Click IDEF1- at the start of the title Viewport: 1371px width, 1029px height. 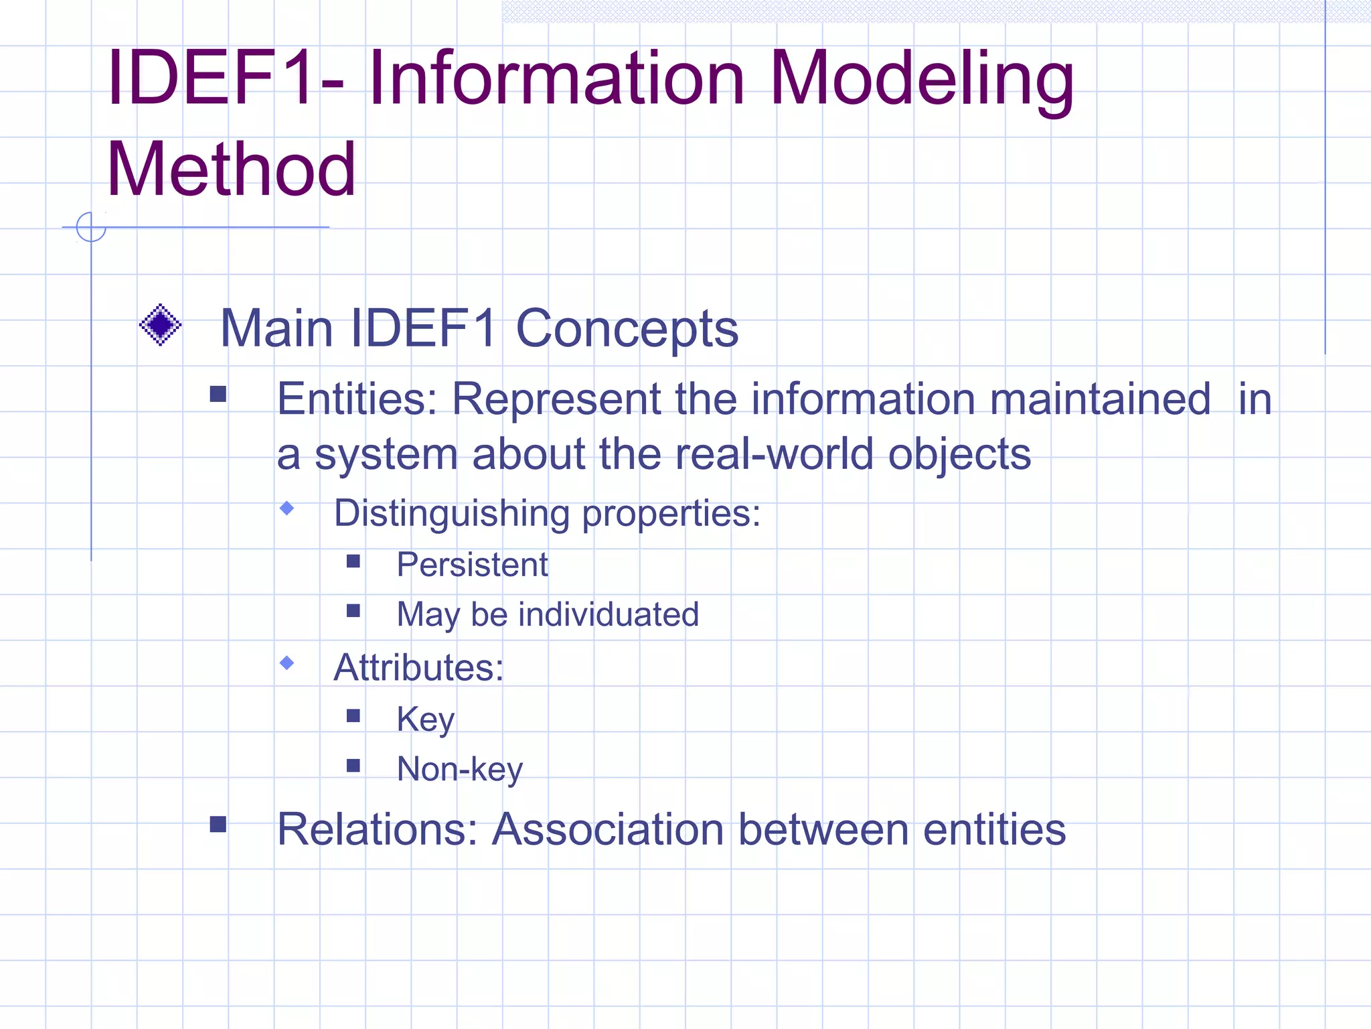click(x=225, y=78)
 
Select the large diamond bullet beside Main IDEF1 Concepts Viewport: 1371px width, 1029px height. click(x=160, y=325)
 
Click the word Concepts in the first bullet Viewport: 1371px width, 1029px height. click(x=627, y=329)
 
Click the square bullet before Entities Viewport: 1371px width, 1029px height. click(x=218, y=394)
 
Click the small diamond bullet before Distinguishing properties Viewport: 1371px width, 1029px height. click(x=287, y=508)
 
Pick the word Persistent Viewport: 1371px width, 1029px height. click(x=472, y=564)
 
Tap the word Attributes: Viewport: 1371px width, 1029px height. click(x=418, y=668)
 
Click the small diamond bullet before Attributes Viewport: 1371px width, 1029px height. click(x=287, y=663)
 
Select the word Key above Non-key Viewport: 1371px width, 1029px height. click(x=425, y=719)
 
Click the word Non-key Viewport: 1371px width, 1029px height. click(x=459, y=769)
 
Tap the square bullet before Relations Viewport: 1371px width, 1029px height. click(x=218, y=824)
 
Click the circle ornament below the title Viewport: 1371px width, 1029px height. click(x=91, y=227)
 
